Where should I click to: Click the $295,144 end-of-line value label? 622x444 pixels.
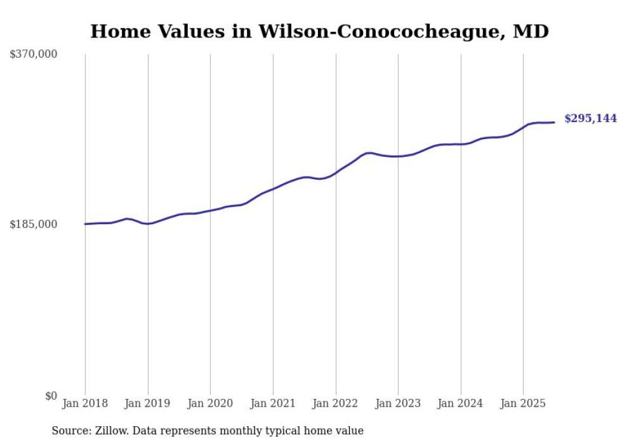coord(590,119)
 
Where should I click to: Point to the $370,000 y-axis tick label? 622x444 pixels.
coord(33,55)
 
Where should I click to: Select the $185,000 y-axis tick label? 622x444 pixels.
coord(33,224)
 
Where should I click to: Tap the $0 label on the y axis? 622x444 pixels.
coord(51,396)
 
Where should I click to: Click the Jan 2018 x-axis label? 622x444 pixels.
coord(85,404)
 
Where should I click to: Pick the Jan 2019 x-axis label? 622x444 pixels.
coord(148,404)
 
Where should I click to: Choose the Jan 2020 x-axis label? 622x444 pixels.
coord(210,404)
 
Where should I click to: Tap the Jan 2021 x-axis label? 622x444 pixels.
coord(273,404)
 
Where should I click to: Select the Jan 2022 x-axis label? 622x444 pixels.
coord(336,404)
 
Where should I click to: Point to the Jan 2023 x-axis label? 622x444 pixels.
coord(398,404)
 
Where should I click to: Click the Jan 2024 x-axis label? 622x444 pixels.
coord(461,404)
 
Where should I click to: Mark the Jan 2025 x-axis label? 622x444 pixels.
coord(523,404)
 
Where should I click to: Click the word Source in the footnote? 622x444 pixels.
coord(68,431)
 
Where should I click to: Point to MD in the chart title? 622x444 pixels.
coord(533,31)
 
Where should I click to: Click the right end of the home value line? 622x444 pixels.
coord(554,122)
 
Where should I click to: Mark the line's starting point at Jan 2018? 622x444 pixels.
coord(85,224)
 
